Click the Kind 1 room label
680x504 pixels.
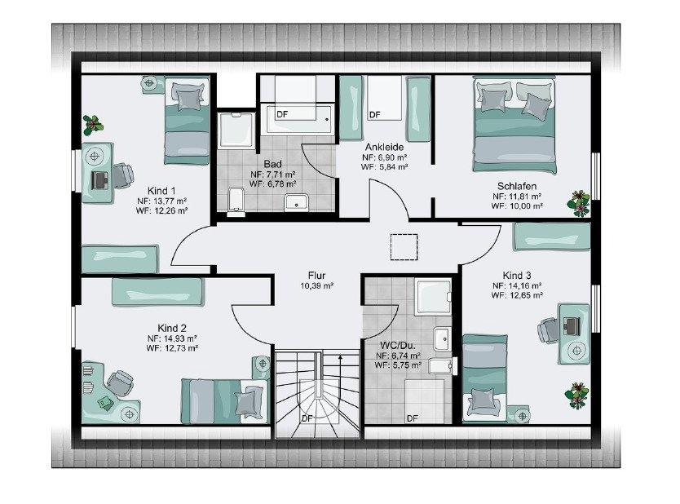161,191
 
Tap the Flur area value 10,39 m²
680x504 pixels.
316,285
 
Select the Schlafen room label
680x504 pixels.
516,186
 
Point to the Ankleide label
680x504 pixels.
384,147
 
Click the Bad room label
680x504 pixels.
273,164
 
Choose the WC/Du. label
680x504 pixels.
398,346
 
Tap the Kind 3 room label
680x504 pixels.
516,276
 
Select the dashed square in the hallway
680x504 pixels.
404,247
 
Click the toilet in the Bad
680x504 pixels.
236,201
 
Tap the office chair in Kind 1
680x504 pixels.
123,176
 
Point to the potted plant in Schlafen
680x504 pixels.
579,203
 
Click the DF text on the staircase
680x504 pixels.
307,418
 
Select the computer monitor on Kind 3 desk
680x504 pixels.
572,325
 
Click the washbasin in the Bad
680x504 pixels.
296,202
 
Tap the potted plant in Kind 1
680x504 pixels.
93,125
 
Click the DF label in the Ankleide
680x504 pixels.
375,114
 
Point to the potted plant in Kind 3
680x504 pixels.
576,396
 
